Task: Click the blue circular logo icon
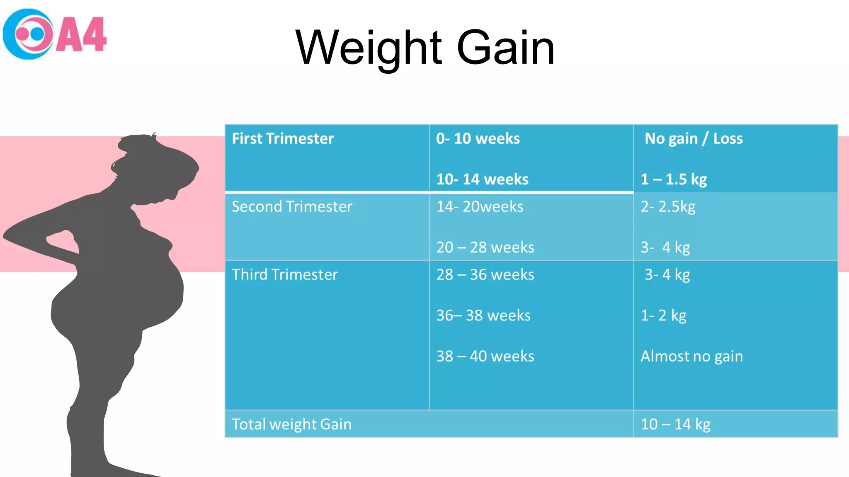pos(28,34)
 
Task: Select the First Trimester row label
pos(283,139)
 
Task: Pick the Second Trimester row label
pos(292,207)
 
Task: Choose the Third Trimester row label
pos(285,275)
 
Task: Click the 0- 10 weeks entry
pos(478,139)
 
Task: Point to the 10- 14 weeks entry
pos(483,179)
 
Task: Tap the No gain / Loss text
pos(694,139)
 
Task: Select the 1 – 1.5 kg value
pos(674,179)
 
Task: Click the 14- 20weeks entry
pos(480,207)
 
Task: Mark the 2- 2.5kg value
pos(668,207)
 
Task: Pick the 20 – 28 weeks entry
pos(485,248)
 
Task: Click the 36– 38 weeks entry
pos(483,316)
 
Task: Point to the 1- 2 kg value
pos(664,316)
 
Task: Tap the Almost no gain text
pos(691,356)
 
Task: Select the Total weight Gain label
pos(291,424)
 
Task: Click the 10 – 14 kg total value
pos(676,424)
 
